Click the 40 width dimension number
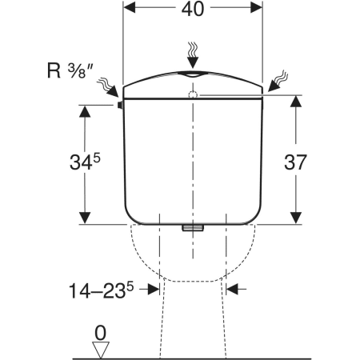pos(193,9)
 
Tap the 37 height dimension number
pos(295,162)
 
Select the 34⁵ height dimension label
pos(85,162)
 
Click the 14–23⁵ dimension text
pos(101,290)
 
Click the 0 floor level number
pos(101,333)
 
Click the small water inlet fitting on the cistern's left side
pos(120,106)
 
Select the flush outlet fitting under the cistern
pos(193,227)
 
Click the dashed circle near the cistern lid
pos(193,94)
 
